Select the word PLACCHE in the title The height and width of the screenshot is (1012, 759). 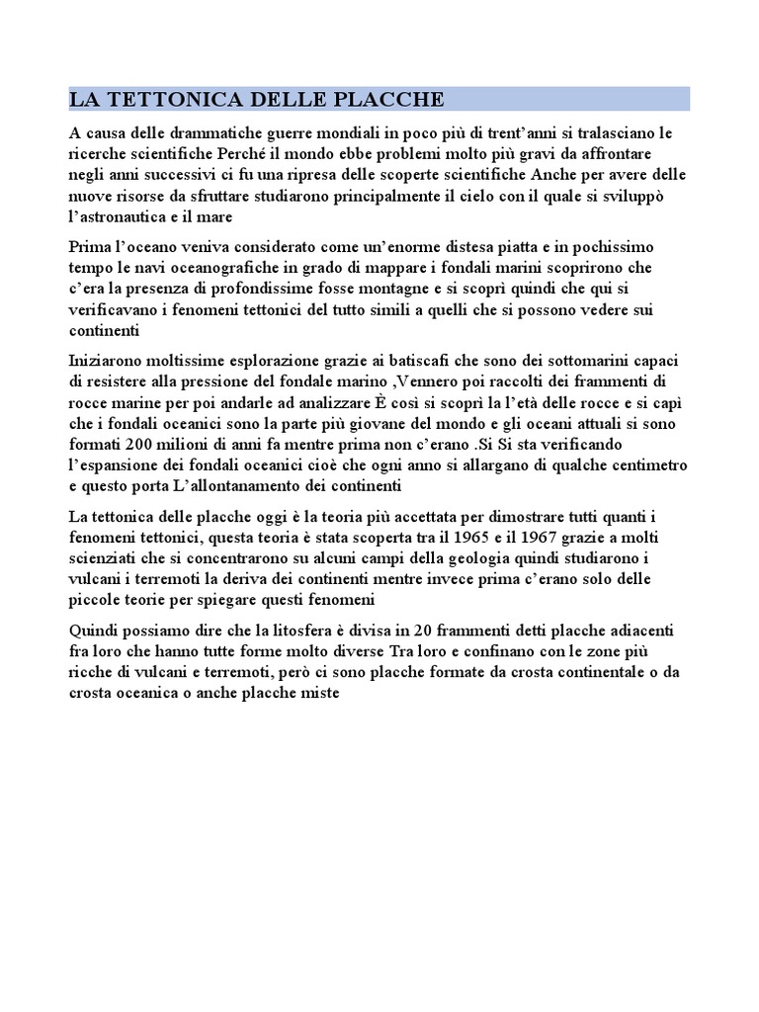click(388, 100)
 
